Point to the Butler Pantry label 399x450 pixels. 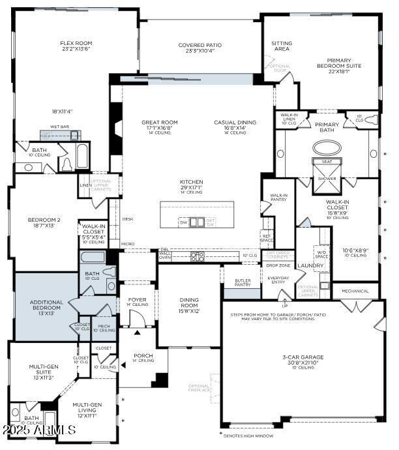[x=243, y=282]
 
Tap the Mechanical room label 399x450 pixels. [x=355, y=291]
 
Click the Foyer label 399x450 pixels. [x=138, y=301]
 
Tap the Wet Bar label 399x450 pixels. [x=60, y=128]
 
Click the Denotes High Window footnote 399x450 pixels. [x=248, y=436]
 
